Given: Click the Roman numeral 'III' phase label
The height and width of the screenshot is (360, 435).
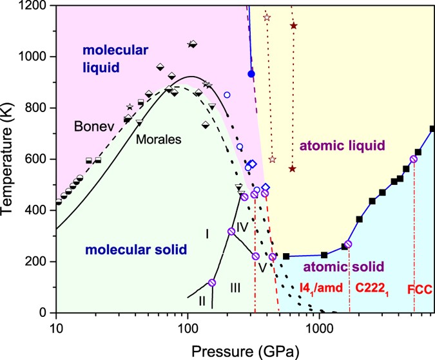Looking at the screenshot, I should [x=235, y=287].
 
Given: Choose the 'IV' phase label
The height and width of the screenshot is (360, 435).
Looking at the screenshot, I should [x=242, y=226].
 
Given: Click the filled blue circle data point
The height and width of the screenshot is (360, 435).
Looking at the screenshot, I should [x=251, y=74].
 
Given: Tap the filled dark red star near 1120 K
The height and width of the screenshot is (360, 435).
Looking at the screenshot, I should [x=294, y=26].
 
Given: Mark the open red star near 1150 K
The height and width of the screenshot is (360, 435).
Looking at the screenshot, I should [x=267, y=17].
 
